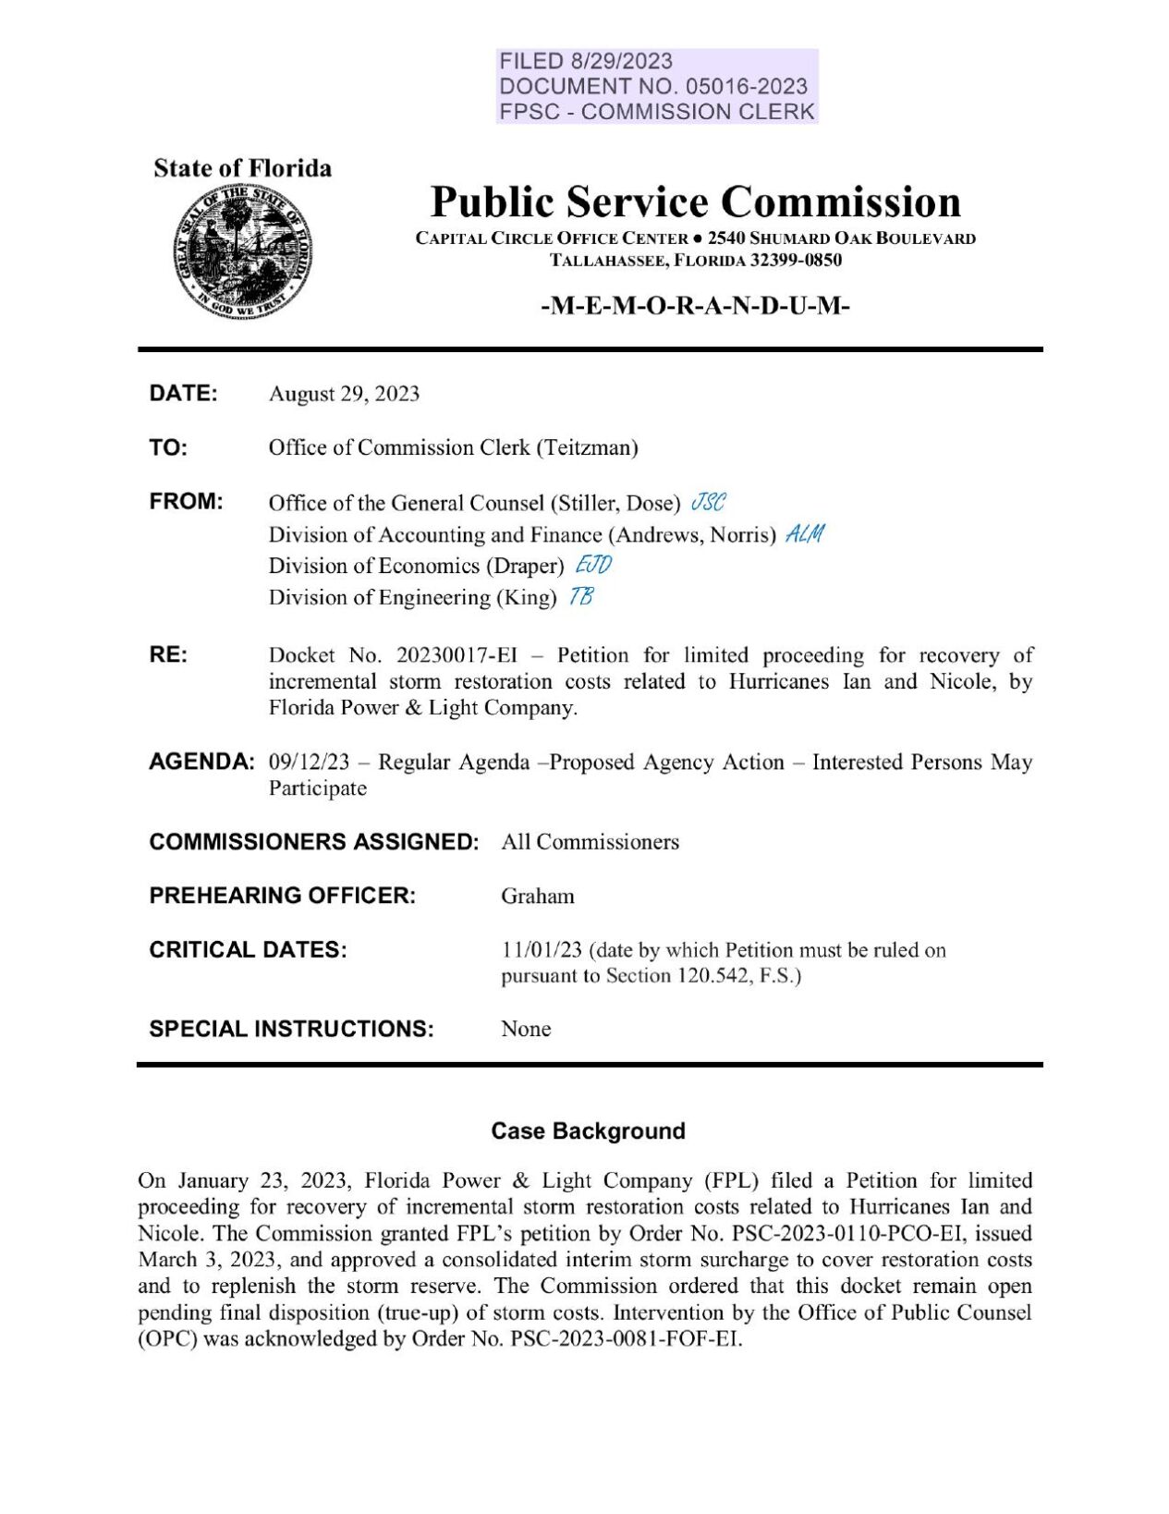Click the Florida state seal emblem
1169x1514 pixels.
242,251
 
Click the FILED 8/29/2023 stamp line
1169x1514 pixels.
586,61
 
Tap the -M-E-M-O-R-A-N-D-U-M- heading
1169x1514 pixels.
694,306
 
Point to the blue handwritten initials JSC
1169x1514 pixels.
708,502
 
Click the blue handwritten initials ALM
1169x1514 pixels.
804,533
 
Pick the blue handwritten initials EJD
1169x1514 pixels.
592,565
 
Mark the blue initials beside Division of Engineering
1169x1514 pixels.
581,596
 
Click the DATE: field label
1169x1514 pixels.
183,393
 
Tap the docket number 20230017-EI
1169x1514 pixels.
457,655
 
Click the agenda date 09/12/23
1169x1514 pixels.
309,762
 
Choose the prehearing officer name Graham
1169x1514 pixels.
538,896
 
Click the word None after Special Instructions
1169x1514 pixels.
526,1029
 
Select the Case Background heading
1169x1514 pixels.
588,1130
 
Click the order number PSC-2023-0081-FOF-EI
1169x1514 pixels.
625,1338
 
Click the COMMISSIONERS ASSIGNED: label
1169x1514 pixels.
313,842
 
